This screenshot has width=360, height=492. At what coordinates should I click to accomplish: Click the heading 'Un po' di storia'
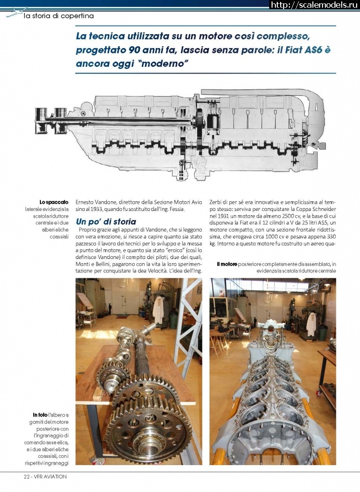(x=106, y=221)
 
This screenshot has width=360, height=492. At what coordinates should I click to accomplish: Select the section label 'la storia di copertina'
(x=58, y=16)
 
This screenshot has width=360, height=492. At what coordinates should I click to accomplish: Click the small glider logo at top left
(x=15, y=12)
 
